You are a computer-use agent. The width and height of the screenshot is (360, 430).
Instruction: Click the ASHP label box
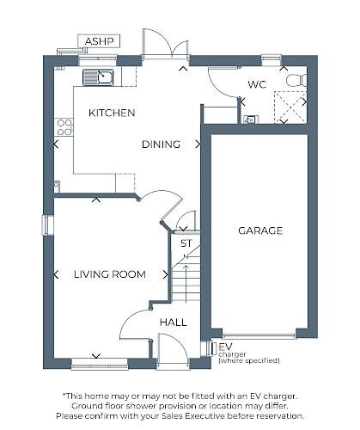[99, 41]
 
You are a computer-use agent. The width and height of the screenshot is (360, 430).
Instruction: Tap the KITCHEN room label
[112, 113]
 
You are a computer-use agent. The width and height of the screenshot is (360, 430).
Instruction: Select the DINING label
[161, 144]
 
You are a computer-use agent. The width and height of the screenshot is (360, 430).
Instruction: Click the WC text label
[257, 84]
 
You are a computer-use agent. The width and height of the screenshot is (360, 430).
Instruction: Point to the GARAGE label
[260, 230]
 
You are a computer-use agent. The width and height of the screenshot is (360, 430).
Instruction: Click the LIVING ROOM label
[110, 274]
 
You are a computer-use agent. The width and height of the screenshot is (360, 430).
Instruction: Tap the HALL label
[174, 322]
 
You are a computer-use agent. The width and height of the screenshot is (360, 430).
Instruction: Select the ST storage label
[186, 243]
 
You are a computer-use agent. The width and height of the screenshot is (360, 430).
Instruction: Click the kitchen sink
[98, 77]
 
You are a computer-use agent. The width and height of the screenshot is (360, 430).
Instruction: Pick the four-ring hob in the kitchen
[64, 127]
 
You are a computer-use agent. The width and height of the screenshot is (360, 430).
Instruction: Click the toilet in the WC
[296, 80]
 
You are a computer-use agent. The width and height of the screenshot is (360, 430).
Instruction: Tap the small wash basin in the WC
[251, 120]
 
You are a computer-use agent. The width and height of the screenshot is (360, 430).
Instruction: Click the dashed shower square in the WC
[290, 107]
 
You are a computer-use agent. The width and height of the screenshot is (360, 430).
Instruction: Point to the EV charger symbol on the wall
[213, 348]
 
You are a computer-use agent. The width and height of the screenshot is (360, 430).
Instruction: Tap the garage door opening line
[259, 335]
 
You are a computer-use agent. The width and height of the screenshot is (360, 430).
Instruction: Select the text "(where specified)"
[249, 360]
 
